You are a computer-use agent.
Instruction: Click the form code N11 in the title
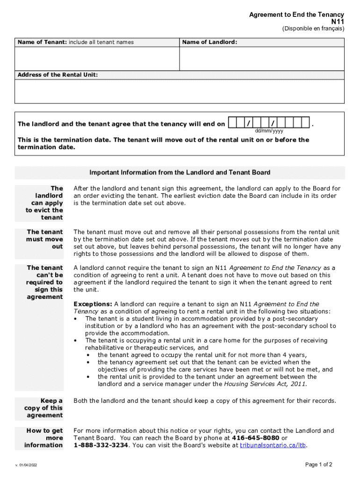coord(338,22)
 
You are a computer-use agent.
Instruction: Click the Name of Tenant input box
coord(97,59)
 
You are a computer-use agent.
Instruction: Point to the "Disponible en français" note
coord(313,29)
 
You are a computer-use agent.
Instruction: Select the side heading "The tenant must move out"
coord(45,239)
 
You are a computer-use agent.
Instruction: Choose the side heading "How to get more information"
coord(44,438)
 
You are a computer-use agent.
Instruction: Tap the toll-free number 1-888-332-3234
coord(101,446)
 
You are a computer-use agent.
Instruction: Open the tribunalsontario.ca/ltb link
coord(274,446)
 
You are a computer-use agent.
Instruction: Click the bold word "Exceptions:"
coord(93,304)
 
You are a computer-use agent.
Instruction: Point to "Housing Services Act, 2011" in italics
coord(265,385)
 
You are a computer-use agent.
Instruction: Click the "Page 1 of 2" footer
coord(318,465)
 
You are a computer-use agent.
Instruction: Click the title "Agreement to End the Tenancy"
coord(296,15)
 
